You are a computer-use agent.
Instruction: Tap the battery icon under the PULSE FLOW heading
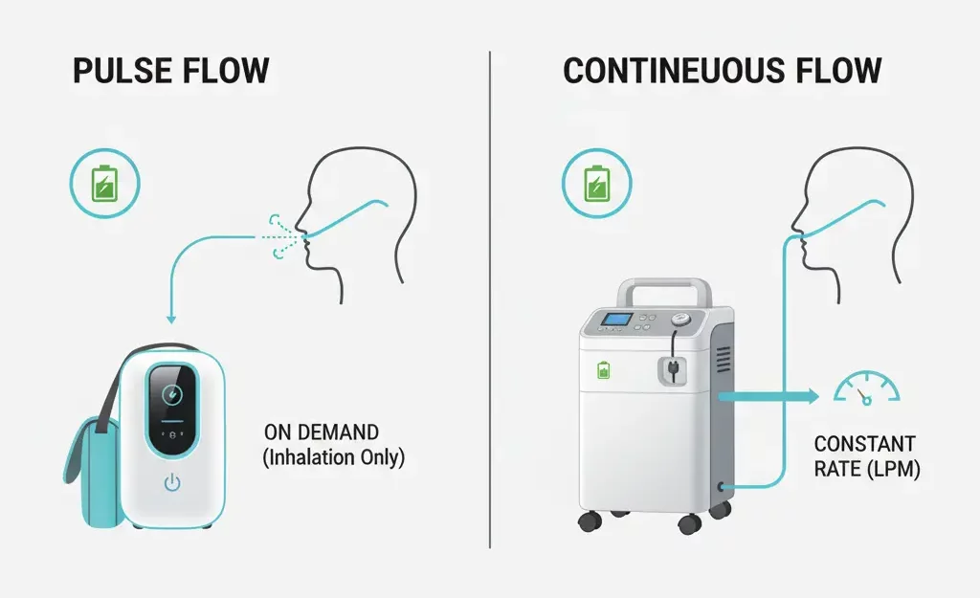(x=104, y=183)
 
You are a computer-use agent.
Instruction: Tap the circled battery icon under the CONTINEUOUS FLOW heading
(x=597, y=183)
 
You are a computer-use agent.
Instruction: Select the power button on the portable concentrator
(x=172, y=482)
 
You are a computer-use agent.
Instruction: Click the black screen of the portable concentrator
(x=172, y=409)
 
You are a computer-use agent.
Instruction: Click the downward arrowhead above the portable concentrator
(x=170, y=320)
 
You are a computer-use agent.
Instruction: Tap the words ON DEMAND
(x=322, y=432)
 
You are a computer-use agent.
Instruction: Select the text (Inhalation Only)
(x=333, y=458)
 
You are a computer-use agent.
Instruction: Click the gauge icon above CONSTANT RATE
(x=866, y=388)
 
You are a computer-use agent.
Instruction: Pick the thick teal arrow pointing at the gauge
(x=768, y=396)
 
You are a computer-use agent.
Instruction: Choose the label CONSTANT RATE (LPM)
(x=866, y=456)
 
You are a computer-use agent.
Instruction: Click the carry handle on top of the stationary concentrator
(x=664, y=289)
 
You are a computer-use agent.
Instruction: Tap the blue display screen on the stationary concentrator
(x=616, y=320)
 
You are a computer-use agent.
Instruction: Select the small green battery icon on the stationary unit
(x=603, y=370)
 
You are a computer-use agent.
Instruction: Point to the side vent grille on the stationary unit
(x=724, y=360)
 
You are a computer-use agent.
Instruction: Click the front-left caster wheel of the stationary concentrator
(x=590, y=520)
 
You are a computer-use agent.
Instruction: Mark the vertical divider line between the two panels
(x=490, y=299)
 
